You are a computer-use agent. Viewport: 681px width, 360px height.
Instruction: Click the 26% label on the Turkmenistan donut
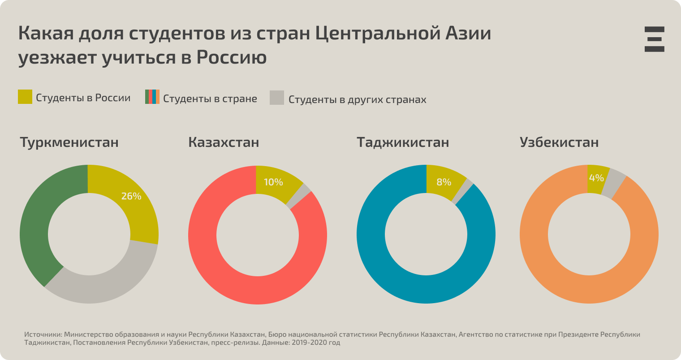(131, 196)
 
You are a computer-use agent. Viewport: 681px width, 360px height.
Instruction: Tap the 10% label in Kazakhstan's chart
(273, 182)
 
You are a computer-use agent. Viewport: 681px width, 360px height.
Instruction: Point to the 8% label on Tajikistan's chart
(444, 182)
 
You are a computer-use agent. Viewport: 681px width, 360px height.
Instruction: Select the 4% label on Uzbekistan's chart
(596, 178)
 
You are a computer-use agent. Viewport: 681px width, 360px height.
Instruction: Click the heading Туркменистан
(69, 142)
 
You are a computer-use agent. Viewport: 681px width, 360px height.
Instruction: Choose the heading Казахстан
(224, 142)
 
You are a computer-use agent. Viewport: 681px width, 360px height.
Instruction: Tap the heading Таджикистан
(403, 142)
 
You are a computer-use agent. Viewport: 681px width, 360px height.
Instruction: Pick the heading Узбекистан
(559, 142)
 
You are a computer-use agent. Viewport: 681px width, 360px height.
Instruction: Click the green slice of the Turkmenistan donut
(36, 224)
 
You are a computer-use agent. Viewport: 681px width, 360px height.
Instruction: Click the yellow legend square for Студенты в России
(25, 97)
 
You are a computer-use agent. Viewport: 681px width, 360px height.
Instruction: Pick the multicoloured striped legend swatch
(152, 97)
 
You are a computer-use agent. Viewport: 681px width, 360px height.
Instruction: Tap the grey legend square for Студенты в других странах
(277, 98)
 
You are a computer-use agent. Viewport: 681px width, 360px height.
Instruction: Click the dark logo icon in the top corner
(654, 39)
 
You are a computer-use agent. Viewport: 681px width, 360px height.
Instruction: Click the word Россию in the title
(232, 57)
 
